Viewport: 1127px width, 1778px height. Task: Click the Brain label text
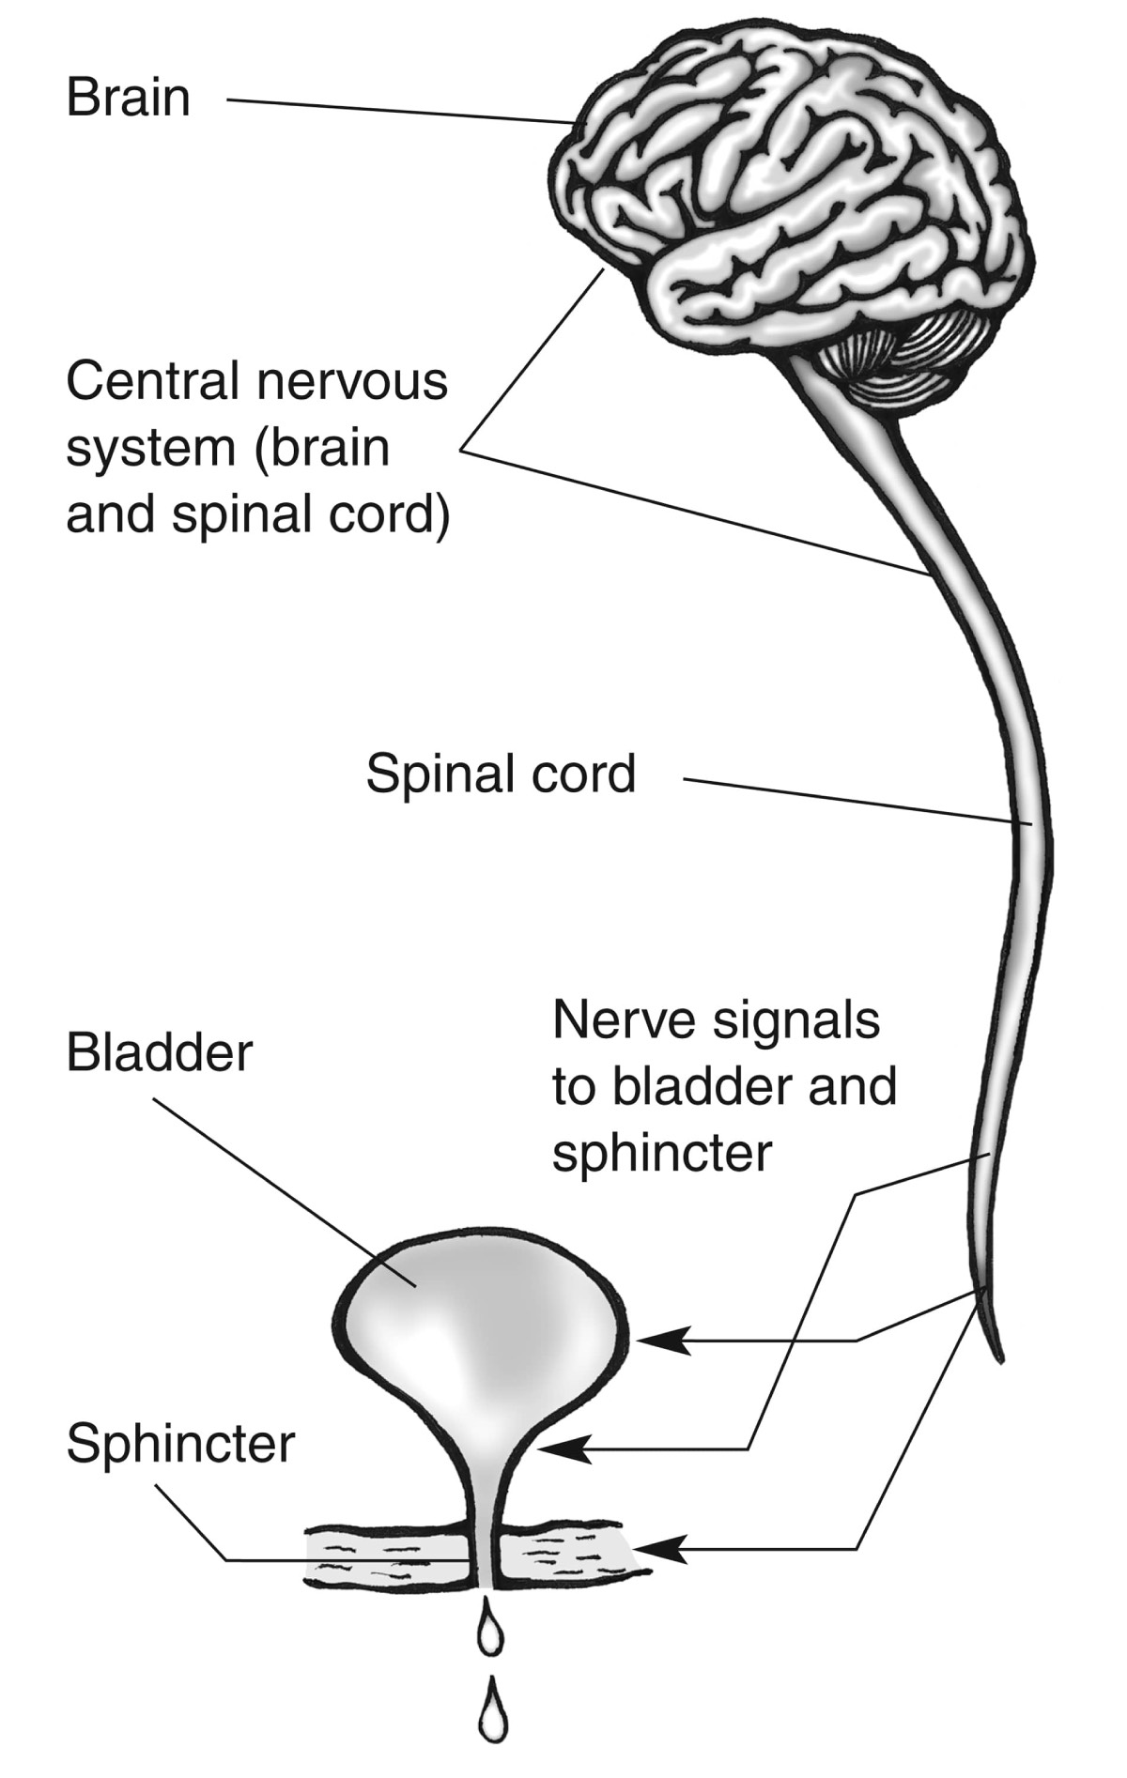[x=128, y=99]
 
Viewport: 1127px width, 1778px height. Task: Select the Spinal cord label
[x=501, y=774]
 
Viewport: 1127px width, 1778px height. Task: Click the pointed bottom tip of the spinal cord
[x=999, y=1356]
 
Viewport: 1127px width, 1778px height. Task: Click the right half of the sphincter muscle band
[x=563, y=1556]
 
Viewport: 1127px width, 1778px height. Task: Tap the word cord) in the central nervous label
[x=395, y=515]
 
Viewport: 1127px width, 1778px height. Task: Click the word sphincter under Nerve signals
[x=662, y=1154]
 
